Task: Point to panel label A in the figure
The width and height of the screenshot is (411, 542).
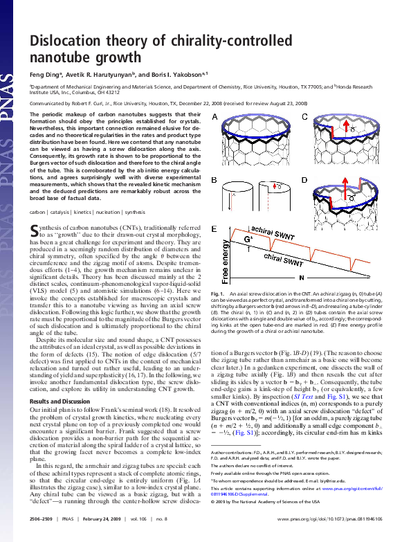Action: [215, 116]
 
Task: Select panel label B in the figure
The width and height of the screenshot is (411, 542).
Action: [215, 179]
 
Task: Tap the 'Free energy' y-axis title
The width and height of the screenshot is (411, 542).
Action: [225, 258]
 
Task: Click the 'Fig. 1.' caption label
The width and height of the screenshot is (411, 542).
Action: [217, 294]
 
